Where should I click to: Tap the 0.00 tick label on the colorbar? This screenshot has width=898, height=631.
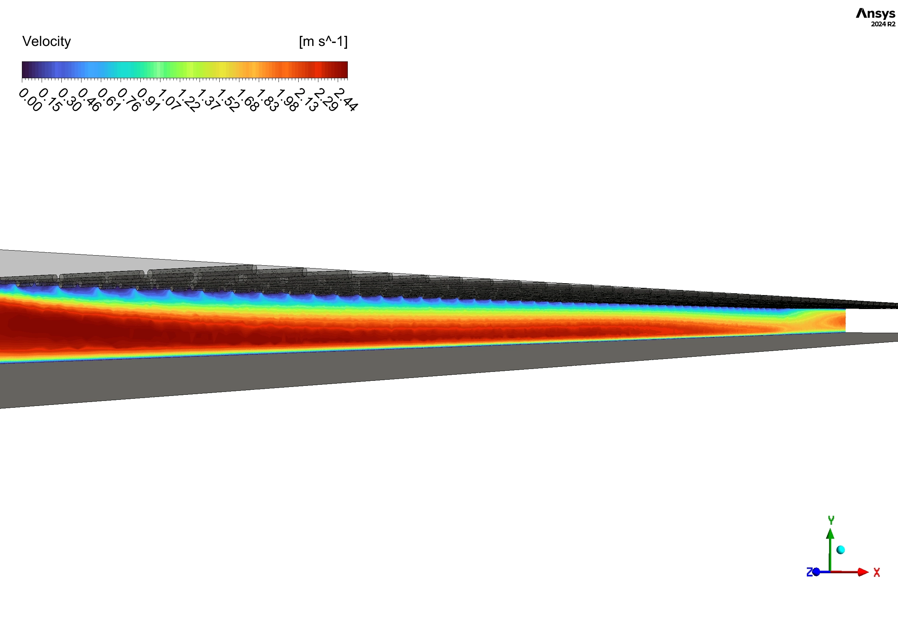30,100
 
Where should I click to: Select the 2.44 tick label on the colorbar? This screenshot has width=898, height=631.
346,100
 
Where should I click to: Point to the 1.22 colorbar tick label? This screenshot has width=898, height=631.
188,101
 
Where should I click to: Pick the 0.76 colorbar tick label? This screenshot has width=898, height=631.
129,100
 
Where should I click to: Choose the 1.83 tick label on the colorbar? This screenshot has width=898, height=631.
267,101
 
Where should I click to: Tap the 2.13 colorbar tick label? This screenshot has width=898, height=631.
306,100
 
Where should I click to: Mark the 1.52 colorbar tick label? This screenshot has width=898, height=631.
228,101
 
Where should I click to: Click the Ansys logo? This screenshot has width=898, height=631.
875,14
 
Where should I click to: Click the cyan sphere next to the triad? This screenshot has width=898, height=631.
841,550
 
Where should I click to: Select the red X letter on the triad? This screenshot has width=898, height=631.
877,572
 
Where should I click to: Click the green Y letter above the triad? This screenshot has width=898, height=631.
831,520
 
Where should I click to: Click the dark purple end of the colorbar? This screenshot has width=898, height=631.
26,70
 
